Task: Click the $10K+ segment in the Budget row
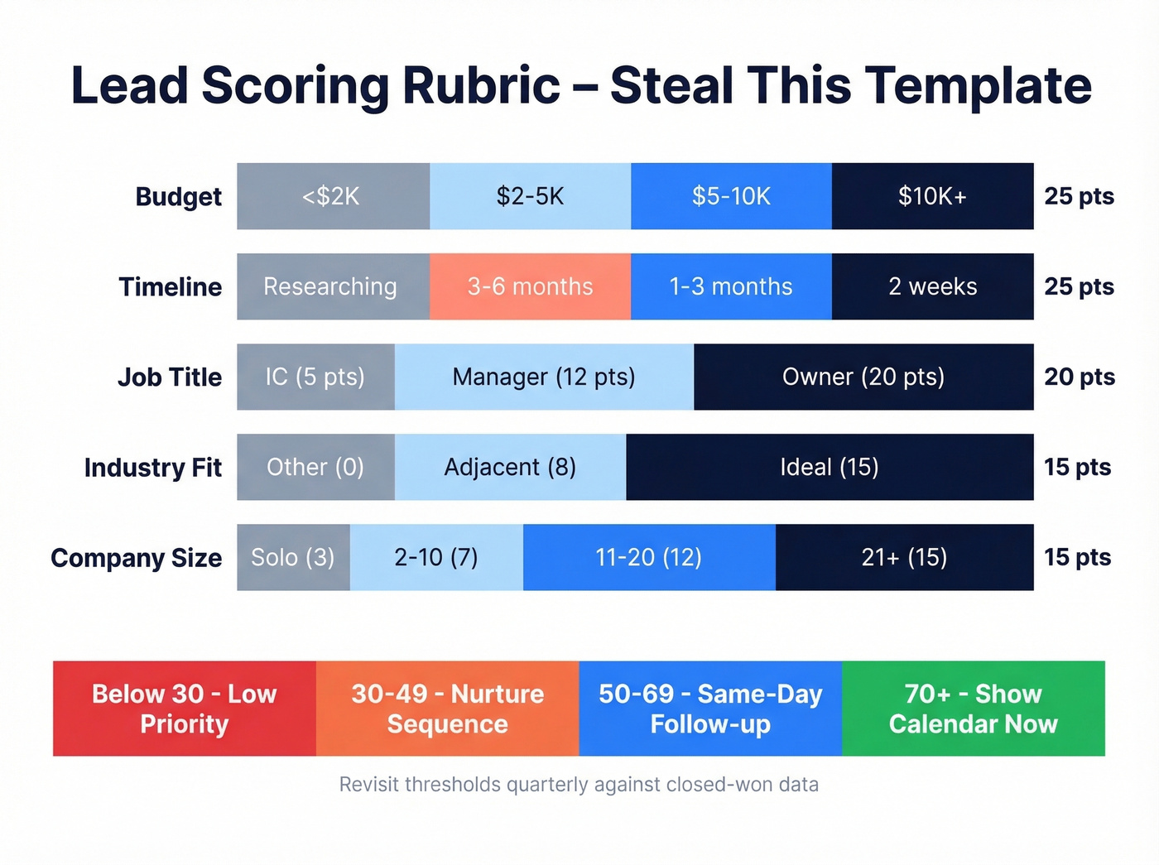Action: click(x=932, y=196)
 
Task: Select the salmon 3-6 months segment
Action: click(x=530, y=286)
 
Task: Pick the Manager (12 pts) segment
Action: click(x=544, y=377)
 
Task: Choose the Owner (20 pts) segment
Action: click(x=863, y=377)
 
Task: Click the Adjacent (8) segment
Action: click(x=510, y=467)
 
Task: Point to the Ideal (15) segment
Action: click(x=830, y=467)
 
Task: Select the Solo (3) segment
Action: click(x=293, y=557)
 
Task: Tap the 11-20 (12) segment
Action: click(x=649, y=557)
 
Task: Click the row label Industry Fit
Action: click(x=153, y=468)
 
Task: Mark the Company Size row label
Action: click(x=137, y=558)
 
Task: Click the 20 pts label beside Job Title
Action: click(x=1079, y=377)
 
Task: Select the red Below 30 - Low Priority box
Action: click(x=185, y=709)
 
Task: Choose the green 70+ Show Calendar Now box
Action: click(x=974, y=709)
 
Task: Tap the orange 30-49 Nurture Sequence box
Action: click(x=447, y=709)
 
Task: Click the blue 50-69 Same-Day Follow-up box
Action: click(x=710, y=709)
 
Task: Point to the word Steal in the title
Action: click(x=671, y=85)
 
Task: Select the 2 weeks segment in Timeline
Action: click(x=932, y=286)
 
